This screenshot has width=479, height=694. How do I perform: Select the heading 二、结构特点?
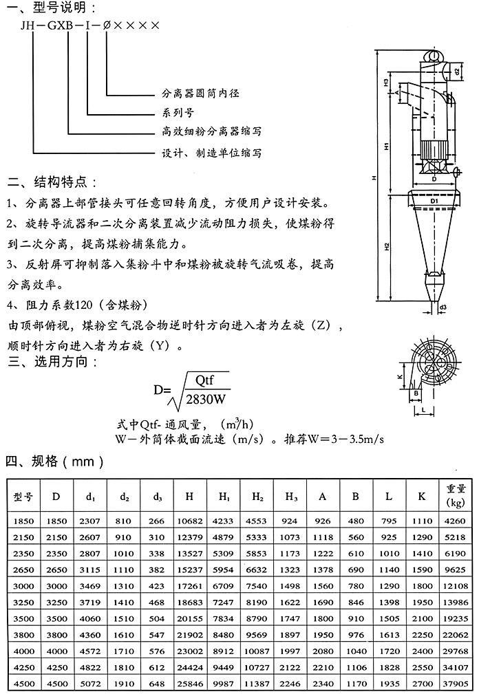pyautogui.click(x=52, y=184)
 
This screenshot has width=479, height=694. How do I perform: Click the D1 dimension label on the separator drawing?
pyautogui.click(x=435, y=199)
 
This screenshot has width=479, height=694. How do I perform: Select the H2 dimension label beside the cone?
pyautogui.click(x=387, y=246)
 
